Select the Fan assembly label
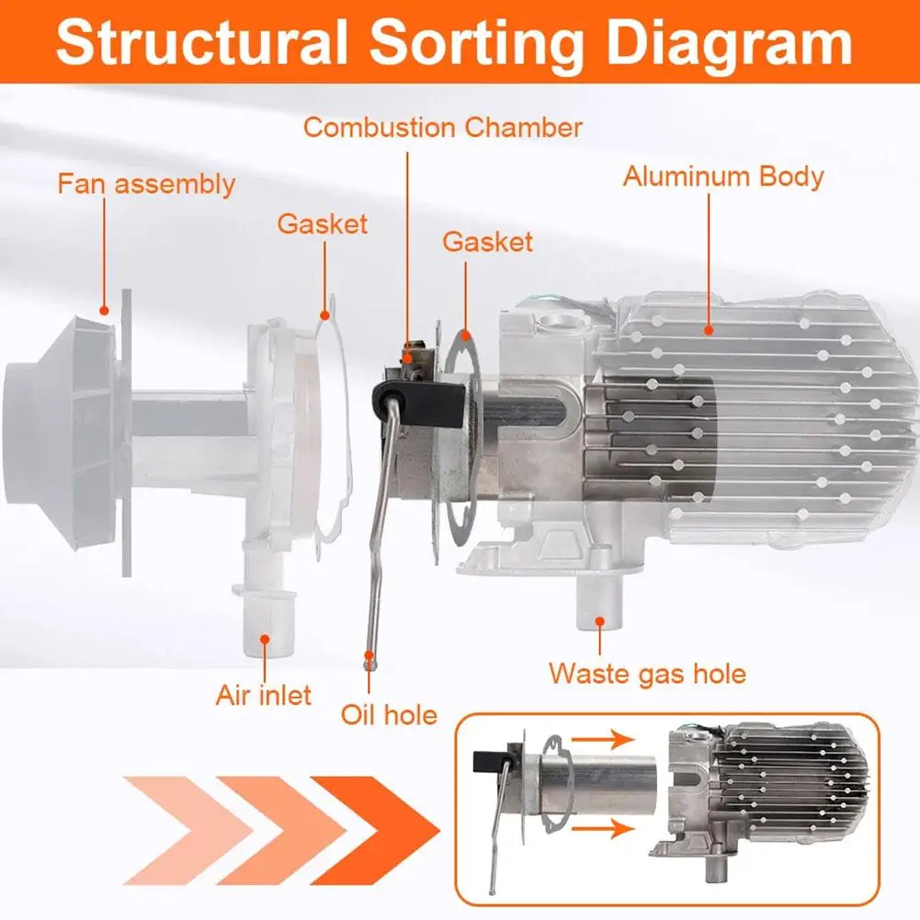click(146, 183)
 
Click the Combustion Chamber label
click(443, 127)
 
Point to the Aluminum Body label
click(723, 176)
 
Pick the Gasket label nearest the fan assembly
click(322, 223)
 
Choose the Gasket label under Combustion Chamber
click(487, 242)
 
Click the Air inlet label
click(264, 694)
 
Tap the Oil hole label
click(389, 714)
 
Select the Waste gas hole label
click(647, 674)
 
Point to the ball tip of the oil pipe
click(369, 659)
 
